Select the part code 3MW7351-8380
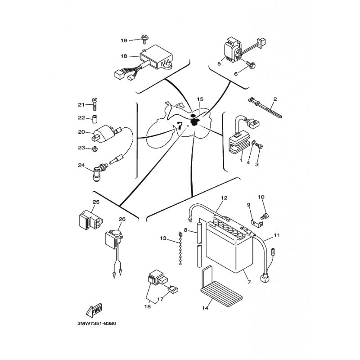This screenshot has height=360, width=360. point(97,323)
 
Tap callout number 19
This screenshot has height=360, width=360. point(124,40)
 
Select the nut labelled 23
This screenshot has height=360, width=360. point(94,149)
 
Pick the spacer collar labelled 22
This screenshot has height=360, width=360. point(95,119)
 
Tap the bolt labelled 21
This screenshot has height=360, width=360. point(95,104)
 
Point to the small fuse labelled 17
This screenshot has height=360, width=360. point(173,289)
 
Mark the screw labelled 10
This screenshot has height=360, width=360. point(265,216)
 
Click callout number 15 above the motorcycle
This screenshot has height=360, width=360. point(200,99)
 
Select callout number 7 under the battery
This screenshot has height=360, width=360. point(250,282)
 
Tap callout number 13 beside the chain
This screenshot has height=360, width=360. point(163,238)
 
